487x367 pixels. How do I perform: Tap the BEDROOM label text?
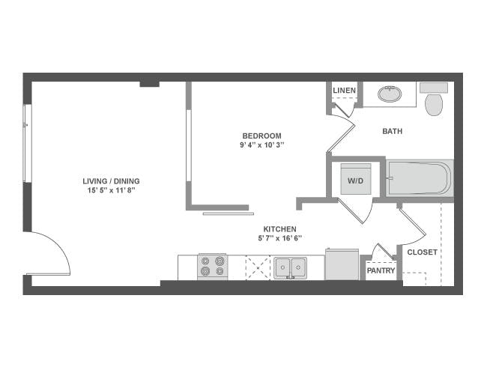261,136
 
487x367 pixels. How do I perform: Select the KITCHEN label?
279,228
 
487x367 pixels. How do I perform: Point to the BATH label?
392,131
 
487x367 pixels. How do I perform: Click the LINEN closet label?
344,91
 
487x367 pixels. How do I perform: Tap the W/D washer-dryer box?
353,180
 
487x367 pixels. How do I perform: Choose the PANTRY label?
381,270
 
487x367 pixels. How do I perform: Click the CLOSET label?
422,252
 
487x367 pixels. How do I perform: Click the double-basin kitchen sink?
289,267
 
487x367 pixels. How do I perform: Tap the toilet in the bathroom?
434,100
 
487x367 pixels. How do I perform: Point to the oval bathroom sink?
389,94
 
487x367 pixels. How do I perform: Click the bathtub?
420,179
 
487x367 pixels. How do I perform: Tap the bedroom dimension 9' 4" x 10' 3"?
261,145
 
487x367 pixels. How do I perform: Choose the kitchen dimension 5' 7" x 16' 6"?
279,238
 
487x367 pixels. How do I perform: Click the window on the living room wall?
27,142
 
